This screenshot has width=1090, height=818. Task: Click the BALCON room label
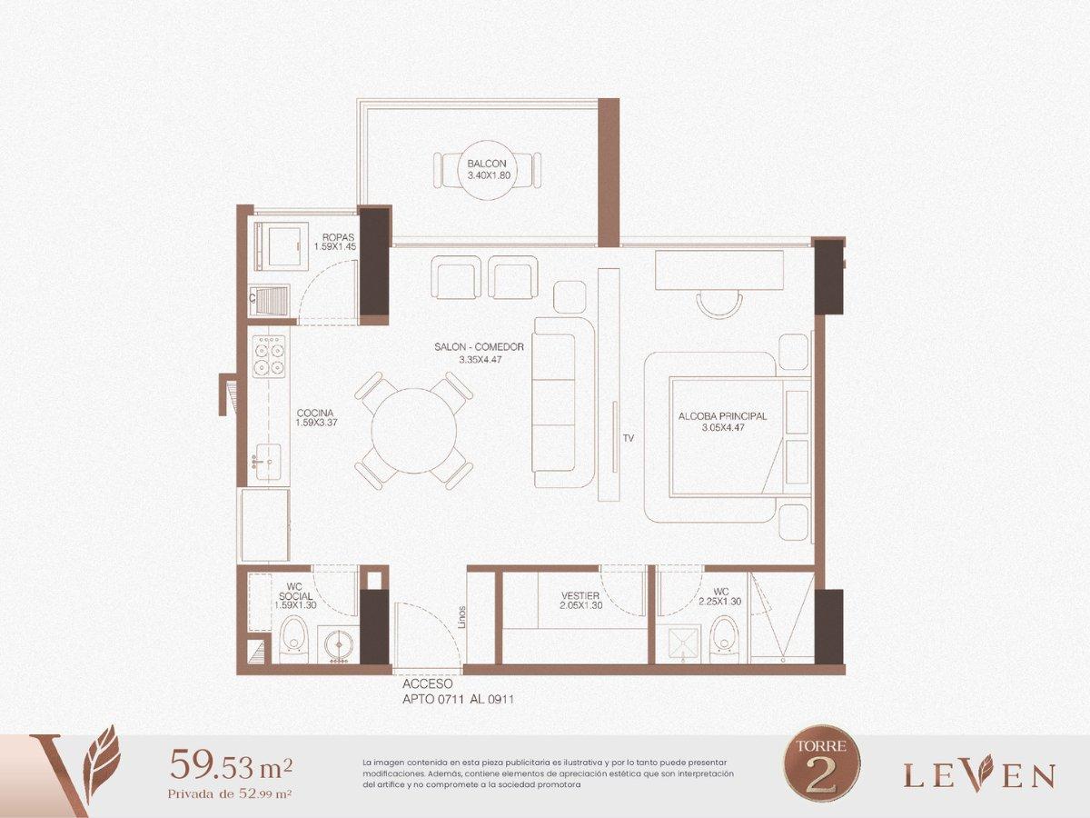coord(487,164)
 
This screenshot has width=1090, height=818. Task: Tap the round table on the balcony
coord(487,170)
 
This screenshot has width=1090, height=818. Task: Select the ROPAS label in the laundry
coord(338,237)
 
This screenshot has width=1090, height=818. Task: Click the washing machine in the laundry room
coord(279,246)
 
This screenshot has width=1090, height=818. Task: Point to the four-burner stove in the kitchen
coord(269,356)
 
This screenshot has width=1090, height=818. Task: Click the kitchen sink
coord(268,462)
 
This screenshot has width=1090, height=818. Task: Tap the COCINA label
coord(315,413)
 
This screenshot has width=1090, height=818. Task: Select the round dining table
coord(414,430)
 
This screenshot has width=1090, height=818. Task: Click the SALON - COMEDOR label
coord(480,347)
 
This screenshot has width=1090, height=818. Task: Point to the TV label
coord(629,438)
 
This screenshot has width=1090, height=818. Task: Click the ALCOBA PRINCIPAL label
coord(722,416)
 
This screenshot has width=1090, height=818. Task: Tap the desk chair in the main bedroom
coord(719,304)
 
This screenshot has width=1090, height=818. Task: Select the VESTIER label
coord(580,595)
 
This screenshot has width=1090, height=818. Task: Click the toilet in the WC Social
coord(293,640)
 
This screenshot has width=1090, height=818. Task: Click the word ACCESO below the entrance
coord(428,684)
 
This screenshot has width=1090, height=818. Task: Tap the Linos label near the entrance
coord(462,617)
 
